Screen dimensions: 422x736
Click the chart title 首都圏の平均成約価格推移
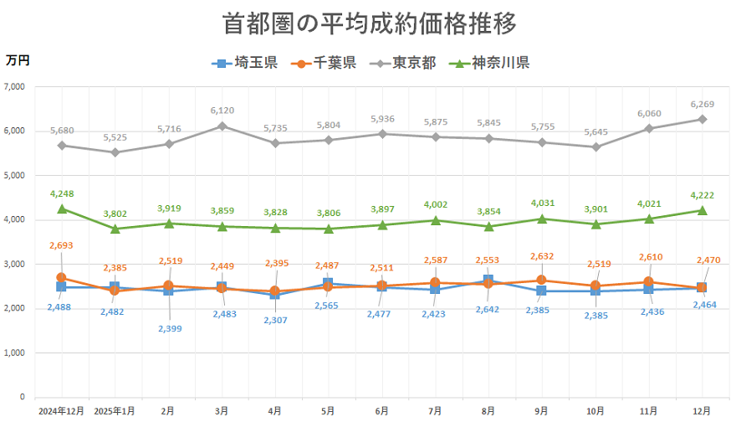pyautogui.click(x=368, y=23)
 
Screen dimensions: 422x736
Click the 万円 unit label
pyautogui.click(x=18, y=60)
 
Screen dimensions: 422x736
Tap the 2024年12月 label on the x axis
pyautogui.click(x=61, y=411)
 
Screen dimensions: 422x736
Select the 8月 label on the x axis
pyautogui.click(x=488, y=411)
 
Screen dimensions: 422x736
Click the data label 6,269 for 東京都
pyautogui.click(x=703, y=104)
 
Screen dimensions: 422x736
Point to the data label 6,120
pyautogui.click(x=222, y=111)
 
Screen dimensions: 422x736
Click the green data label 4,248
pyautogui.click(x=61, y=193)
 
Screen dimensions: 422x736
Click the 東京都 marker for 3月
pyautogui.click(x=222, y=126)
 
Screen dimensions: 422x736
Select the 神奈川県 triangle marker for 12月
pyautogui.click(x=703, y=210)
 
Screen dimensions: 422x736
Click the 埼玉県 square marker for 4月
pyautogui.click(x=275, y=295)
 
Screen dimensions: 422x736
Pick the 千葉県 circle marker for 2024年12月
pyautogui.click(x=61, y=277)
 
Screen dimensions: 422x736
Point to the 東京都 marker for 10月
pyautogui.click(x=595, y=147)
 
